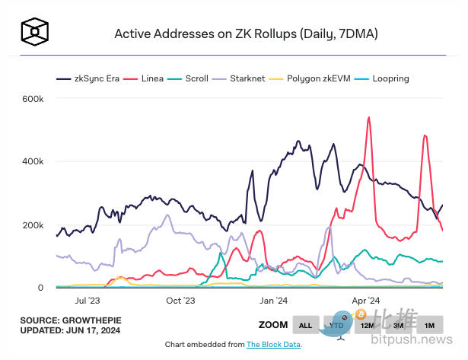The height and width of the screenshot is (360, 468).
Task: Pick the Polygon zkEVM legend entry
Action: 318,78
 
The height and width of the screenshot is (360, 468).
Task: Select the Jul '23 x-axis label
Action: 89,301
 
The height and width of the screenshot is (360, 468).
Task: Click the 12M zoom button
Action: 368,325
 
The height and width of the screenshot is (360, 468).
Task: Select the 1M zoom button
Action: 429,325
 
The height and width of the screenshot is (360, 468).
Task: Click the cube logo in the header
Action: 35,32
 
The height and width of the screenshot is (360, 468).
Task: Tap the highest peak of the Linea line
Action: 369,118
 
